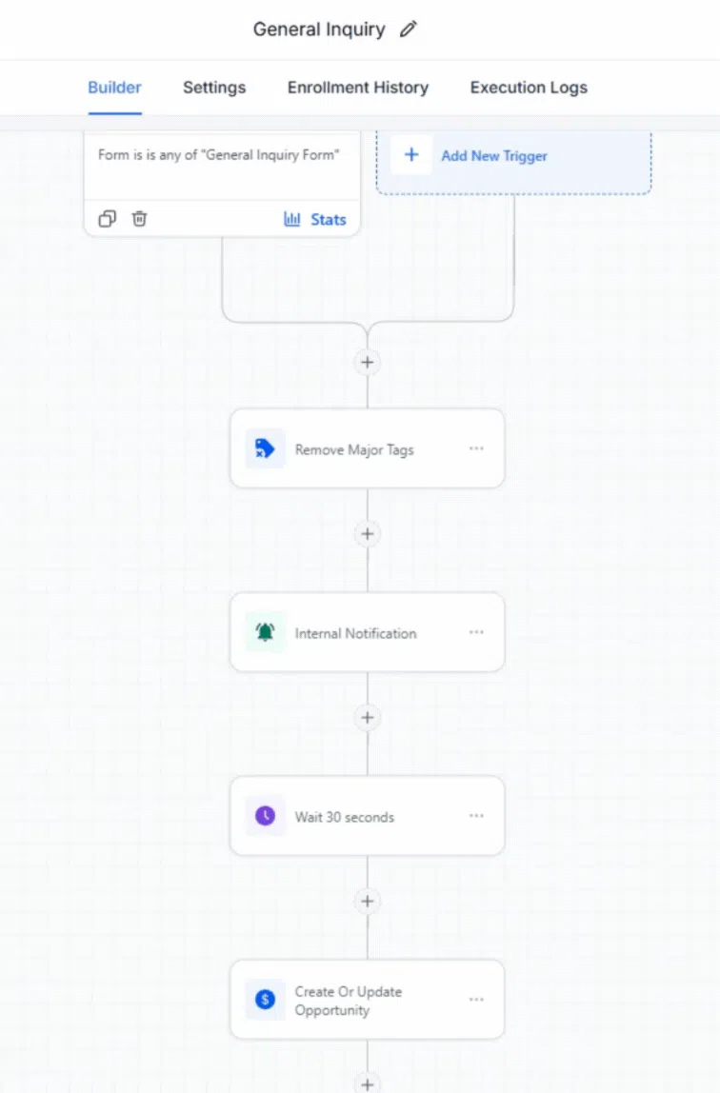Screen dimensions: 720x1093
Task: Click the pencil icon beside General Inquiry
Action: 409,30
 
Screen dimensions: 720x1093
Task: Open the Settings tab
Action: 214,88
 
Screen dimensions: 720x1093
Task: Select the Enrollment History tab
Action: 357,88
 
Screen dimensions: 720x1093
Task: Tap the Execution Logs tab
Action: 529,88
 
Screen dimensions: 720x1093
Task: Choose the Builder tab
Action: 114,88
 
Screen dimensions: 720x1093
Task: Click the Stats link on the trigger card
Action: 315,220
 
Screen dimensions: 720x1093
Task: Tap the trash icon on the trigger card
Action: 139,219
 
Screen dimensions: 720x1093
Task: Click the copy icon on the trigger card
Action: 108,219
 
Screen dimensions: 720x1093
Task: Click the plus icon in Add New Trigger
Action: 411,155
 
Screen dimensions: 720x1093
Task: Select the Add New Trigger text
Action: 494,156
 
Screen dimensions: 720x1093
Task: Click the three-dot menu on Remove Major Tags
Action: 476,448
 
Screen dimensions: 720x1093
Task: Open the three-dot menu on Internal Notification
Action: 476,632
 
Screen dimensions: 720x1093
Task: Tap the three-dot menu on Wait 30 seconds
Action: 476,816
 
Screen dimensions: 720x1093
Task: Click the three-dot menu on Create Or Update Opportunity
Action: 476,1000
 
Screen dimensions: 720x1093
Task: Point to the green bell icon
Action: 265,632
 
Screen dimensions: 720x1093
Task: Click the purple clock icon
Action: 265,816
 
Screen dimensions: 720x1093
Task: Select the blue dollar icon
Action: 265,1000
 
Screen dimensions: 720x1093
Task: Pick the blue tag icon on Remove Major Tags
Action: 265,448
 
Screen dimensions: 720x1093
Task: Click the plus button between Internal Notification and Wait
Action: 368,717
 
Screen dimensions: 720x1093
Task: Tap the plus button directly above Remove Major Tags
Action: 368,363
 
